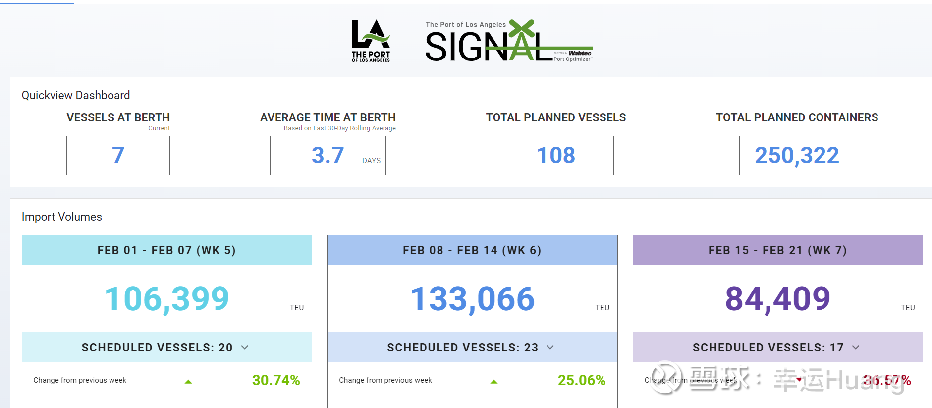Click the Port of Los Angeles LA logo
[x=371, y=41]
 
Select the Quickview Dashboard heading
[x=76, y=95]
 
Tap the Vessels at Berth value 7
[x=118, y=155]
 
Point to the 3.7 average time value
[x=328, y=155]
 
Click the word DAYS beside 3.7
[x=371, y=161]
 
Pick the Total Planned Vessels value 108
[x=555, y=155]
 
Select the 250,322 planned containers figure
[x=797, y=155]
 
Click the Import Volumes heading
[x=62, y=217]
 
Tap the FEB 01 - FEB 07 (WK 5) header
[x=166, y=250]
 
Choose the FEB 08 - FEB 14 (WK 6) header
[x=472, y=250]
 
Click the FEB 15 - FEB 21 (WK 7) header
[x=777, y=250]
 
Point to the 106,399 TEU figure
[x=167, y=299]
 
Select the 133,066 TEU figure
[x=473, y=299]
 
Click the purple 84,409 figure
[x=777, y=299]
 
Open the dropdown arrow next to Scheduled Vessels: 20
[x=245, y=348]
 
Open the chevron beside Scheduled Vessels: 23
[x=550, y=348]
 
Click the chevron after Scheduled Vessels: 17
[x=856, y=348]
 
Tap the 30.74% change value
[x=276, y=380]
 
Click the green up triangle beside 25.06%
[x=494, y=382]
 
